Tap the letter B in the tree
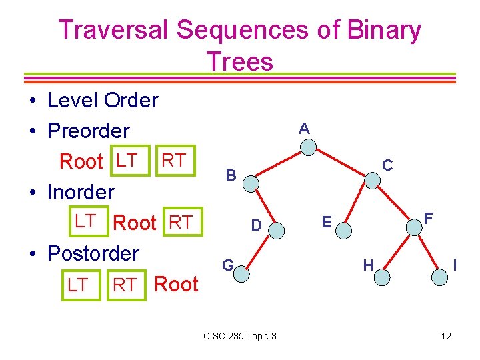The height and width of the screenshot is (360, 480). (231, 175)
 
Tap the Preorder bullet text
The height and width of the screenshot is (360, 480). (89, 131)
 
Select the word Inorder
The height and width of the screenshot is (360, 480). (81, 192)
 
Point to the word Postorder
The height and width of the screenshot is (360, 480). (93, 253)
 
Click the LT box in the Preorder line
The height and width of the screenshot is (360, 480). (126, 161)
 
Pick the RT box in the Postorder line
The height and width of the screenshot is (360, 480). (125, 285)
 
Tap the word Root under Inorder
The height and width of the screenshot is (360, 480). (135, 223)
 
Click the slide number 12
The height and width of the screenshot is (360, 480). (446, 336)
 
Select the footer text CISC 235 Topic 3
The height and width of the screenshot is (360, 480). (239, 336)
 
